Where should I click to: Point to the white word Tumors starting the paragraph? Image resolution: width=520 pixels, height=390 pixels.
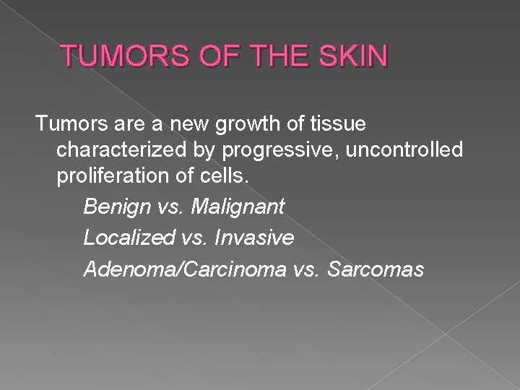[66, 125]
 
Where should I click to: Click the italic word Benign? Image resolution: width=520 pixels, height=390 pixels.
[114, 207]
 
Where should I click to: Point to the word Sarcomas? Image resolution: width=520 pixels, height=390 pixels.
[378, 269]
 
